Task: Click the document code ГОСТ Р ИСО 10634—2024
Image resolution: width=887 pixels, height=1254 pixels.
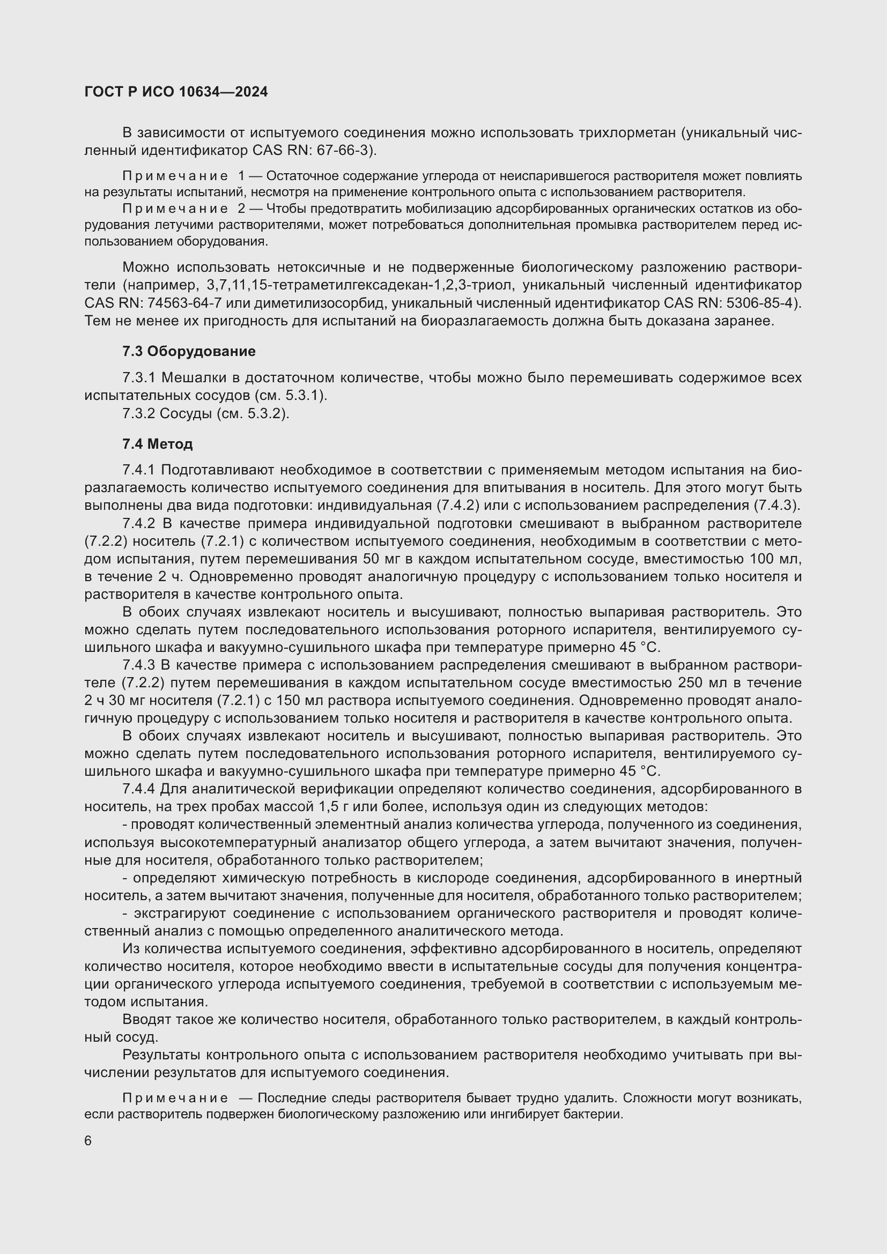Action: (x=176, y=92)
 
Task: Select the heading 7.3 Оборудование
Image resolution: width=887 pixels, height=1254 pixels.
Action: (x=188, y=351)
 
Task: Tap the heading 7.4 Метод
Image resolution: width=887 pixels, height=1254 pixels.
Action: (x=157, y=444)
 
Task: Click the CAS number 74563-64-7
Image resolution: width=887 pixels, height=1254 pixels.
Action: (x=186, y=303)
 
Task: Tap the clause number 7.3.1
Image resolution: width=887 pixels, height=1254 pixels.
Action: (x=139, y=378)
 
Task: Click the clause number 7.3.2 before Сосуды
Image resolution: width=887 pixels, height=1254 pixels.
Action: (x=139, y=413)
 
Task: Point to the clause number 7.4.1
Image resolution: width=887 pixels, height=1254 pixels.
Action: (x=139, y=470)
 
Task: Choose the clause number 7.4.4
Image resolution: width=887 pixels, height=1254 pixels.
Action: (x=139, y=789)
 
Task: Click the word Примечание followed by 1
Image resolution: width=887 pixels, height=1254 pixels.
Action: (x=175, y=176)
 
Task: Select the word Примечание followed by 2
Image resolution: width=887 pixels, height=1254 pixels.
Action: (x=175, y=209)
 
